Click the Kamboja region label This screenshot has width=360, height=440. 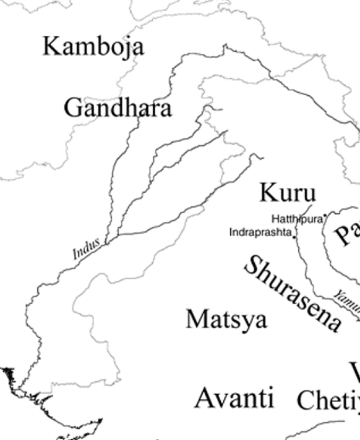(93, 46)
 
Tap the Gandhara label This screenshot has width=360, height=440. (118, 108)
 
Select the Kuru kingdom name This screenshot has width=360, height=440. (287, 192)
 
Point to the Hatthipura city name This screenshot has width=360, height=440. (297, 219)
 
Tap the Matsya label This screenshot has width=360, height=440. (226, 319)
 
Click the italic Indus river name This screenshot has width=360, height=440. (85, 251)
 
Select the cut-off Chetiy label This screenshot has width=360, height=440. (328, 400)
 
